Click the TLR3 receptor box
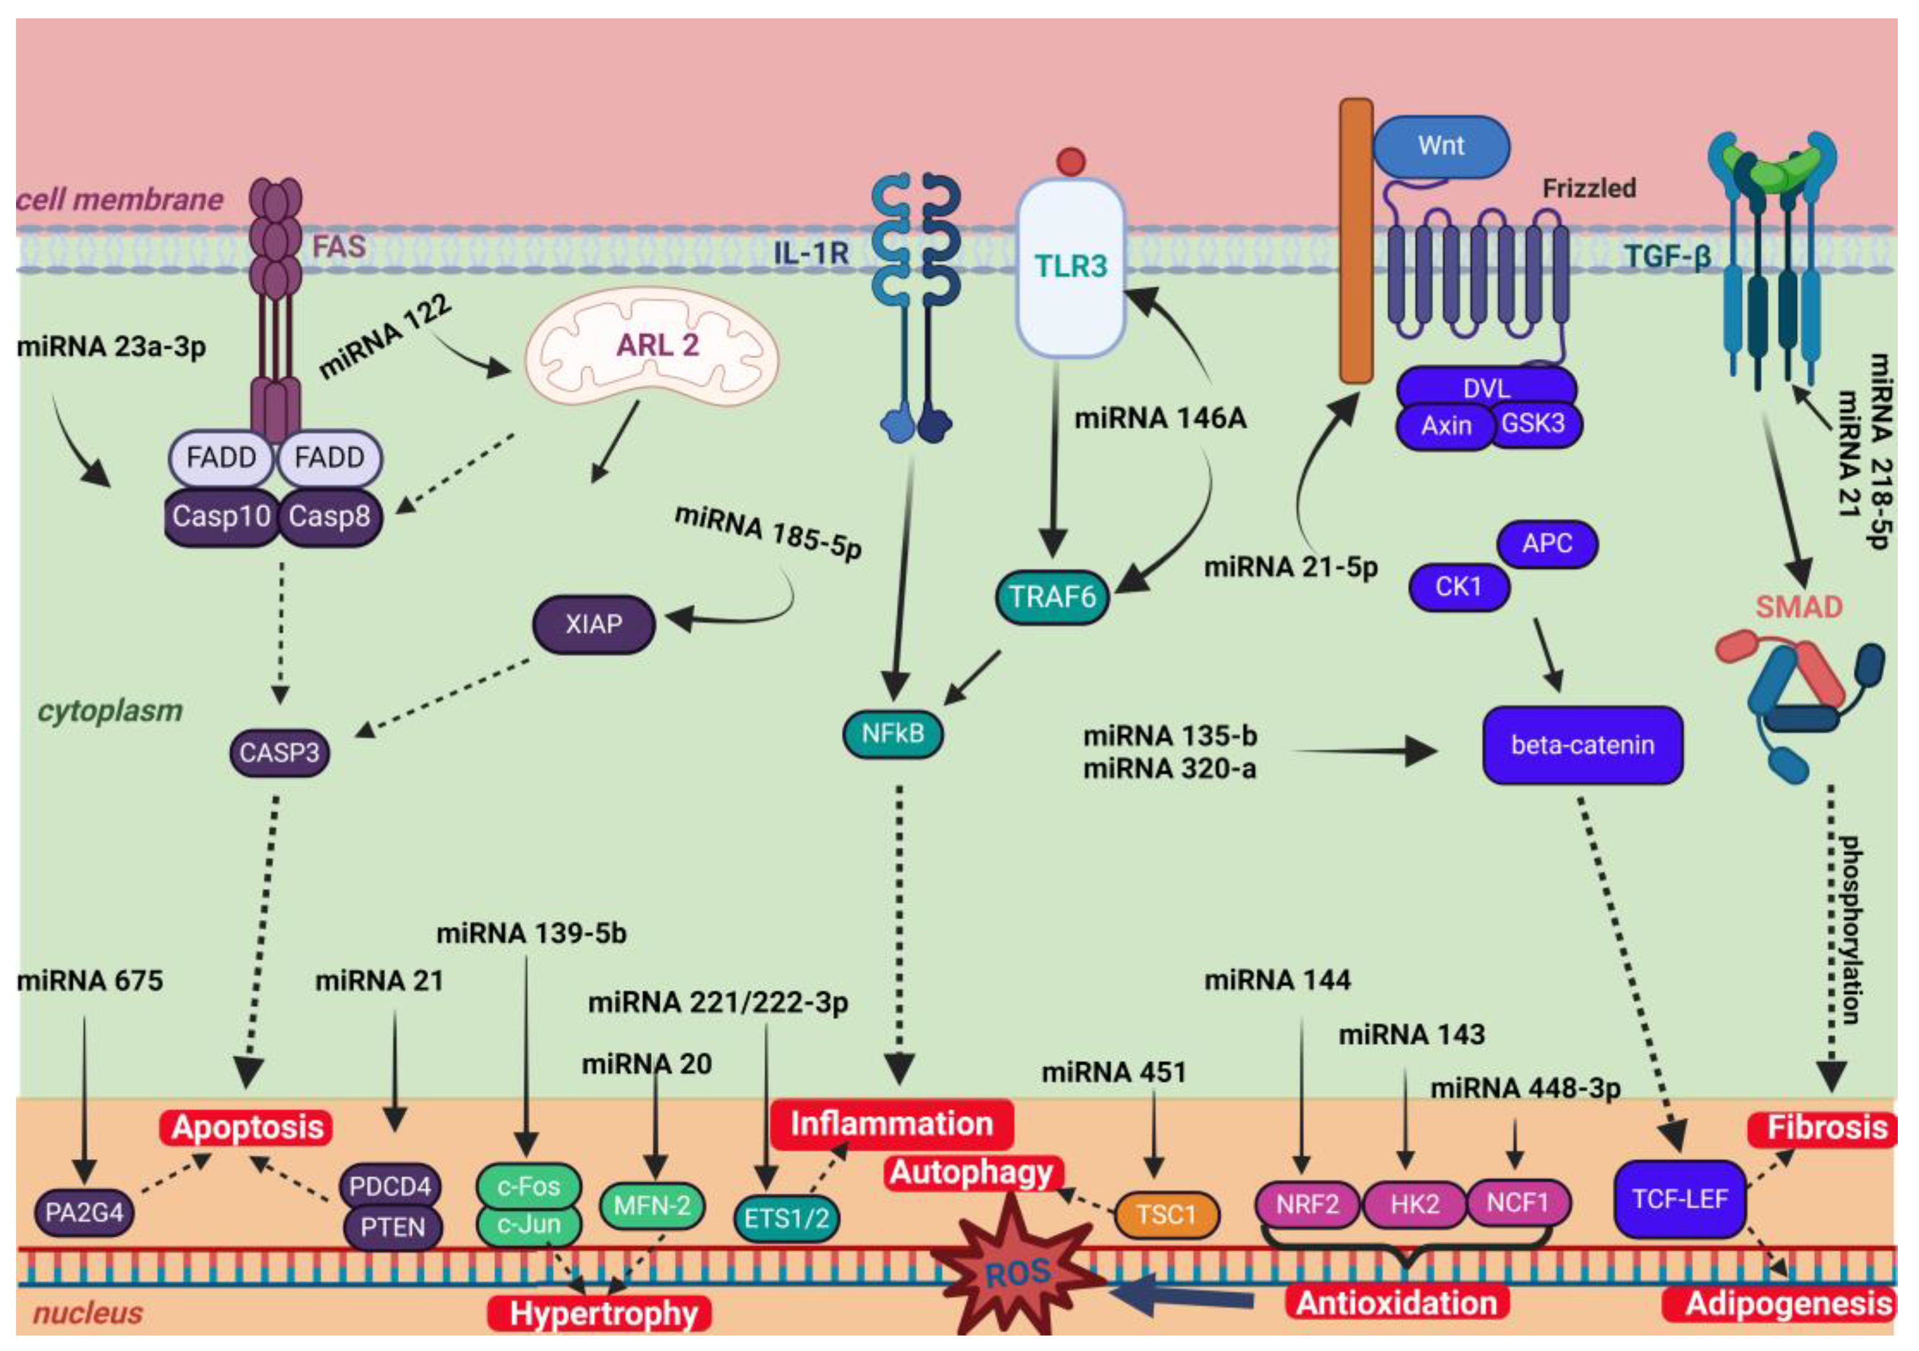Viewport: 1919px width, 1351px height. pyautogui.click(x=1070, y=267)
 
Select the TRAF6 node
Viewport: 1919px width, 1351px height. pyautogui.click(x=1052, y=597)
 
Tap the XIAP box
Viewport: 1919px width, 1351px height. pyautogui.click(x=593, y=624)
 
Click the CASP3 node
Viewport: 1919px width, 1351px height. pyautogui.click(x=279, y=753)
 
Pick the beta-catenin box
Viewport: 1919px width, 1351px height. pyautogui.click(x=1582, y=745)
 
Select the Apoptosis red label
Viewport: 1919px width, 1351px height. pyautogui.click(x=247, y=1128)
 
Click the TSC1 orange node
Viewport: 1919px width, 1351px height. pyautogui.click(x=1166, y=1214)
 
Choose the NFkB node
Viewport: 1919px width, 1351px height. pyautogui.click(x=893, y=734)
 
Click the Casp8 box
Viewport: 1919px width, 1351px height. pyautogui.click(x=329, y=517)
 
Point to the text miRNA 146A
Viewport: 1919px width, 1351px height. pyautogui.click(x=1160, y=418)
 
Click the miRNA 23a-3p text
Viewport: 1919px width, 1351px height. pyautogui.click(x=111, y=346)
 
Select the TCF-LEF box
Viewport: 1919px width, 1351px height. pyautogui.click(x=1679, y=1199)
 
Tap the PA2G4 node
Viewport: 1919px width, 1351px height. pyautogui.click(x=84, y=1212)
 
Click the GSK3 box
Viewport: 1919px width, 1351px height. pyautogui.click(x=1533, y=424)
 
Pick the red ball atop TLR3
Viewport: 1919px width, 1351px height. pyautogui.click(x=1070, y=161)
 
